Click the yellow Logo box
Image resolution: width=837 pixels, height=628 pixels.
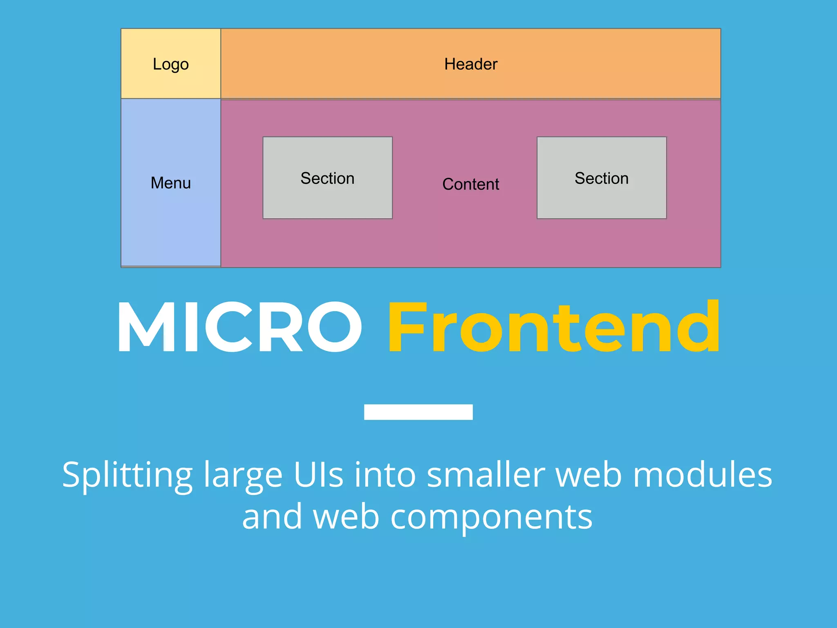[x=171, y=64]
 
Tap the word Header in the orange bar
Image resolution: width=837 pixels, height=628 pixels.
[x=471, y=64]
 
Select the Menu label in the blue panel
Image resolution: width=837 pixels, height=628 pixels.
[x=171, y=183]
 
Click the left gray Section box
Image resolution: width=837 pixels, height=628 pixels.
[x=327, y=178]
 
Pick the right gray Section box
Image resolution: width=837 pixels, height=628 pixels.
[x=602, y=178]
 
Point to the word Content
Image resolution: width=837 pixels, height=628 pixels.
[x=471, y=184]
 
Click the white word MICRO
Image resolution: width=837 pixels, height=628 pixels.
[x=239, y=327]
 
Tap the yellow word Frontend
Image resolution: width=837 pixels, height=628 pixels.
[x=554, y=327]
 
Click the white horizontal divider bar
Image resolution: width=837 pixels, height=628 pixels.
[x=418, y=412]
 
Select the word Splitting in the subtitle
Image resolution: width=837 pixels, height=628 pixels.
[x=127, y=475]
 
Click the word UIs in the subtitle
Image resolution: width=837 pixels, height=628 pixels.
[x=318, y=475]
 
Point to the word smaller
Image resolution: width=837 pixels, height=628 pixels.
[x=486, y=475]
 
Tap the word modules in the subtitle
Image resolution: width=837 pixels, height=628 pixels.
[x=703, y=475]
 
